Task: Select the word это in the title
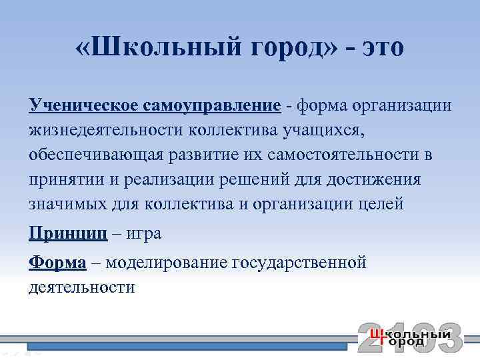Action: coord(379,48)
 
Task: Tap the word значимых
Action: coord(61,204)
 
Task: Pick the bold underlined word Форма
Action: coord(57,263)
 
